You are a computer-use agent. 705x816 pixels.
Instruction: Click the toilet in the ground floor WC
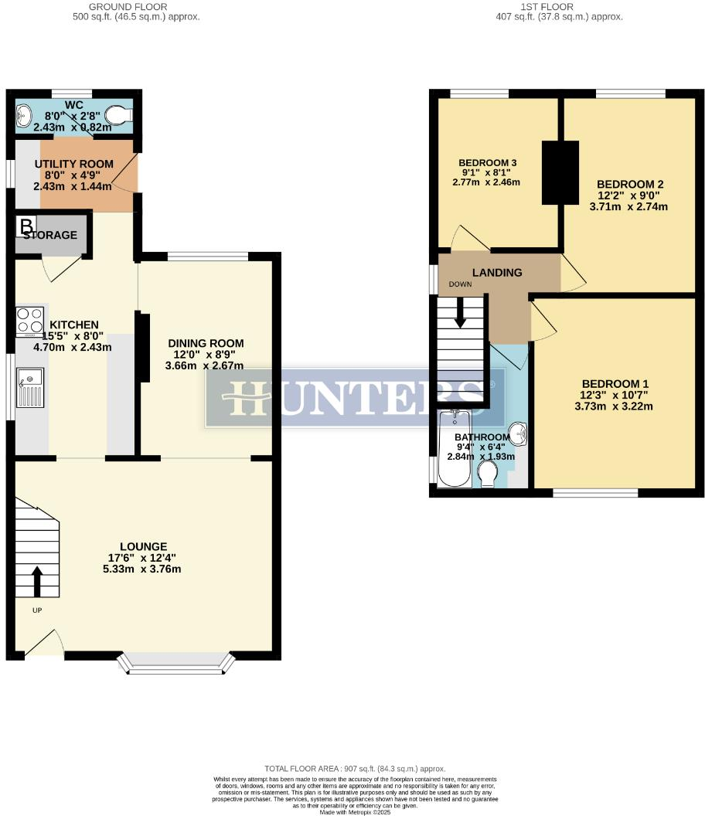[x=117, y=116]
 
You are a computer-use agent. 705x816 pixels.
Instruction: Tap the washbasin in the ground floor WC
[x=23, y=116]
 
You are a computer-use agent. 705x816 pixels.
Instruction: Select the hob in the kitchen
[x=29, y=321]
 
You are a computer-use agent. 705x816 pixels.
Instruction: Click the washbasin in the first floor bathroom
[x=519, y=435]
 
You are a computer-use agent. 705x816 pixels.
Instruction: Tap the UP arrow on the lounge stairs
[x=36, y=581]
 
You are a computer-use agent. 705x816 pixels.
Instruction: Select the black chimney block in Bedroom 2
[x=560, y=172]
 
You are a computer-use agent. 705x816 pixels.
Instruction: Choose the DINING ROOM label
[x=205, y=343]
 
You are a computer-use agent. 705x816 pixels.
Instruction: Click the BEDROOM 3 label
[x=487, y=163]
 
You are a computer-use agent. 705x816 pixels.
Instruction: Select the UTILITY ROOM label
[x=74, y=164]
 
